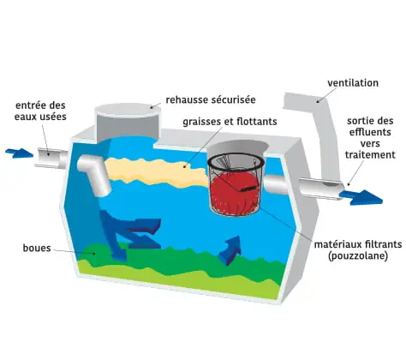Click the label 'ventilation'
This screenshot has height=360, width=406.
(353, 83)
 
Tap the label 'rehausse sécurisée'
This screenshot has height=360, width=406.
(211, 100)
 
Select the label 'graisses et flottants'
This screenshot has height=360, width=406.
(230, 122)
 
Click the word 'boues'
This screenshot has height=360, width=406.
(37, 248)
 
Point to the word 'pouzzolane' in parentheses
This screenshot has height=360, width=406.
(358, 255)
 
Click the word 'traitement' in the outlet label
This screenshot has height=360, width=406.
(370, 154)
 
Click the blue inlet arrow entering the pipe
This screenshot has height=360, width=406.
(19, 153)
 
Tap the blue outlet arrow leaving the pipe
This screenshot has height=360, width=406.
(361, 198)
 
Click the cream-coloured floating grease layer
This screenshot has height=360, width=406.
(156, 173)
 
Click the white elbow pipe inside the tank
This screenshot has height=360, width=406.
(94, 173)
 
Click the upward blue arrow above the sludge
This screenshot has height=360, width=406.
(230, 250)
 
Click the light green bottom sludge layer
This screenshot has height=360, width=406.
(177, 281)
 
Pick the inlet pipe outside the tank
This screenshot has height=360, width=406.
(51, 157)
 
